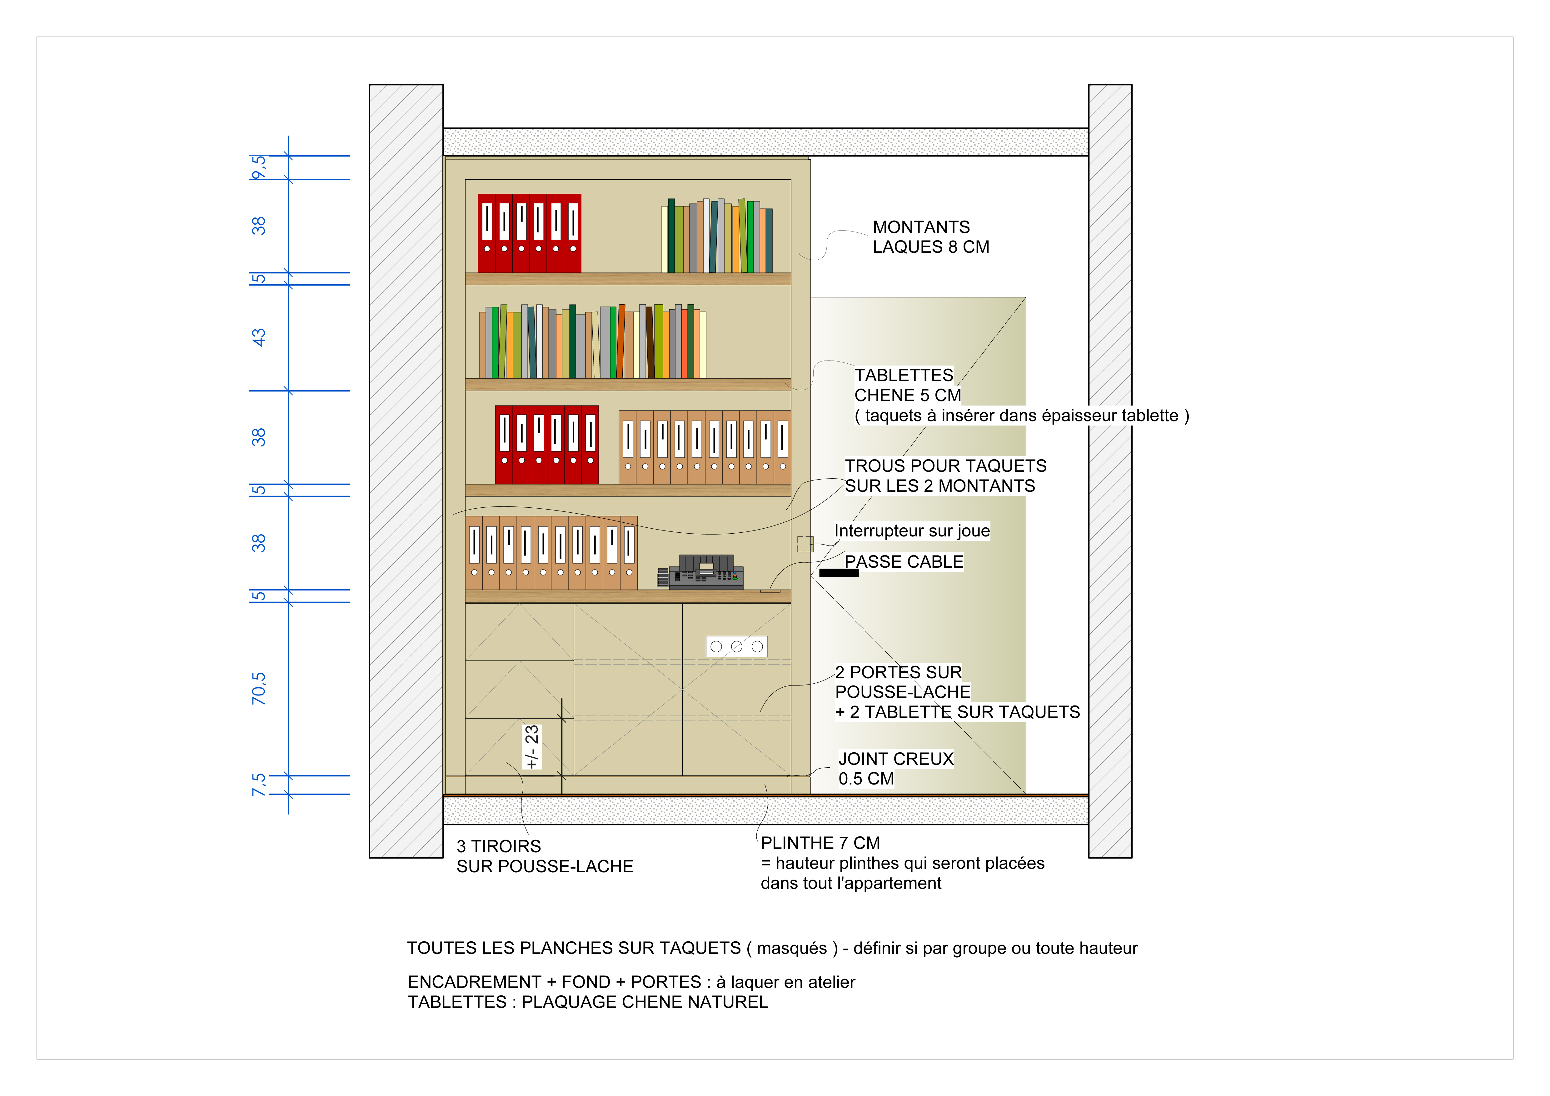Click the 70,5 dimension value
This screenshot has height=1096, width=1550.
click(x=259, y=688)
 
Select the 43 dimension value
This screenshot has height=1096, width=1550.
click(x=259, y=337)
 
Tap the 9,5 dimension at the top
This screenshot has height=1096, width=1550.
click(x=259, y=167)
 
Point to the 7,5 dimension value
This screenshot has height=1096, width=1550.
click(x=259, y=785)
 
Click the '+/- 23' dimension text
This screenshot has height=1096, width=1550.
click(x=532, y=747)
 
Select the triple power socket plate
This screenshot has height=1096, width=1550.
click(x=736, y=646)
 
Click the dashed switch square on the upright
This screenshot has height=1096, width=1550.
click(x=805, y=544)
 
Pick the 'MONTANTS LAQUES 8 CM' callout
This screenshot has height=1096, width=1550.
click(x=931, y=237)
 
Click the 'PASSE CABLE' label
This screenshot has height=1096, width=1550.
click(x=904, y=561)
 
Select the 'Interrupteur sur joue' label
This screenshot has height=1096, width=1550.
click(x=912, y=531)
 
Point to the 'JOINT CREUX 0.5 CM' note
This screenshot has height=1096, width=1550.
click(x=896, y=769)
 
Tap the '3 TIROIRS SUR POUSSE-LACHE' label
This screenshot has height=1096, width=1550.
click(x=545, y=856)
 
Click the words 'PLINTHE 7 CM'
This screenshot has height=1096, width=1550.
click(x=820, y=843)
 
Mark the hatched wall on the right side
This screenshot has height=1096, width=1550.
click(x=1110, y=471)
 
